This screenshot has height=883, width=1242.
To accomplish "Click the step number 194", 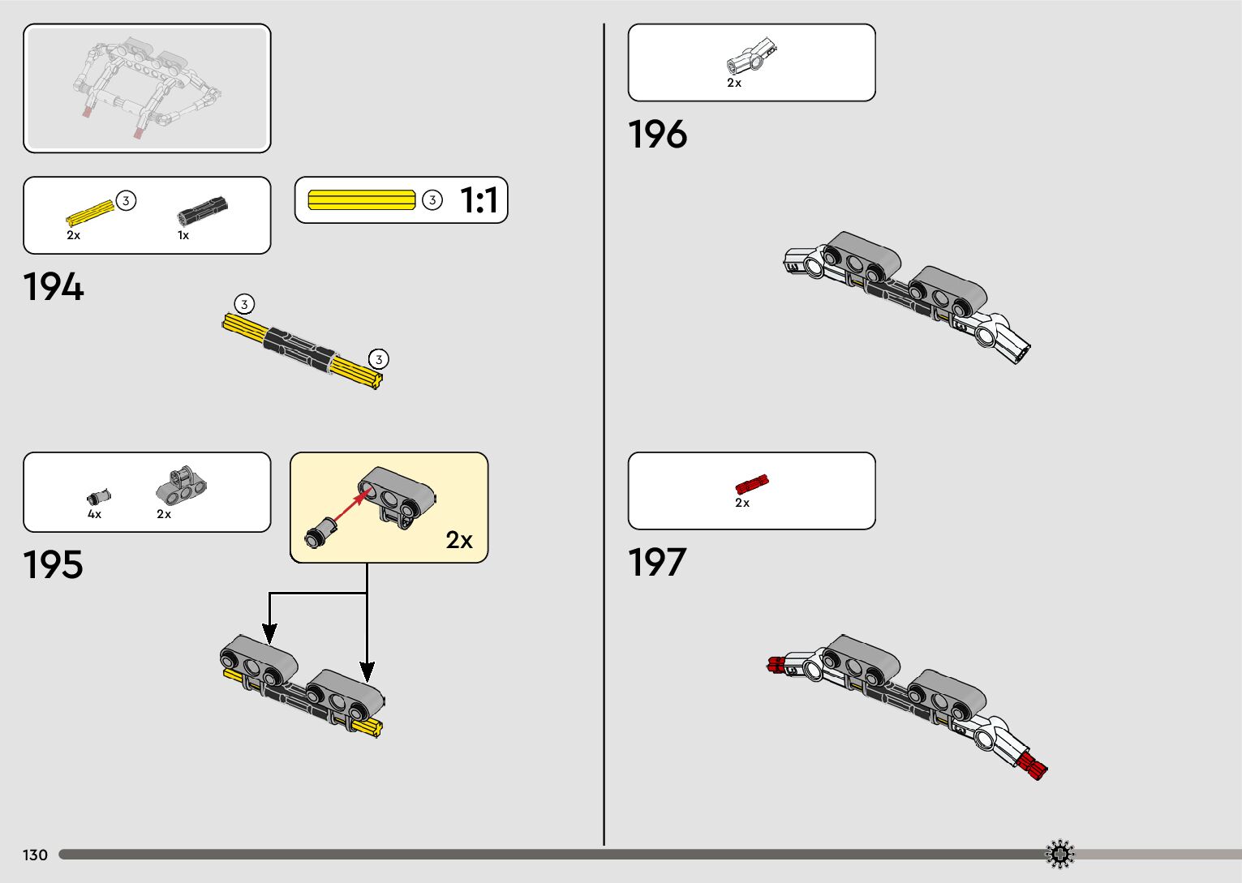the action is coord(54,288).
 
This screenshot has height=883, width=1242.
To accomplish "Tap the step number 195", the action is coord(53,565).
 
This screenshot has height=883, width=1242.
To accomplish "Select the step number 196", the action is coord(657,135).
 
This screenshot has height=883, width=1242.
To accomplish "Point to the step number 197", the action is coord(657,563).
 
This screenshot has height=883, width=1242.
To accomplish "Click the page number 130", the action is coord(35,855).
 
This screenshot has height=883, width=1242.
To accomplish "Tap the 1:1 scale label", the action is coord(479,200).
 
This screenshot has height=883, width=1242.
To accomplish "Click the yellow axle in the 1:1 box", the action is coord(362,199).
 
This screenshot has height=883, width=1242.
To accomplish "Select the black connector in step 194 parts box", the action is coord(202,211).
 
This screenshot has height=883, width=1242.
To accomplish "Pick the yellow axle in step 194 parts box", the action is coord(89,212).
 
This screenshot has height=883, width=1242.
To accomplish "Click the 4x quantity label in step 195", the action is coord(95,514).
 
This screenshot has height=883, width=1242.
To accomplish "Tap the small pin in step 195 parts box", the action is coord(98,496).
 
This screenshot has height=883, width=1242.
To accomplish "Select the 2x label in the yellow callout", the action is coord(459,540).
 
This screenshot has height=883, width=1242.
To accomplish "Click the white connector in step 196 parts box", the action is coord(750,57).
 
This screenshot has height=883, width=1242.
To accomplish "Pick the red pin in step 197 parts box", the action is coord(751,484).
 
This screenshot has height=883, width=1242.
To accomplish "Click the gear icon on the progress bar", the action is coord(1059,854).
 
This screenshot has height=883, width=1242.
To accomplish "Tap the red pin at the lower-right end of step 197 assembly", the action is coord(1032,765).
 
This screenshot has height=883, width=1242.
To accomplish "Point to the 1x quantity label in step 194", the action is coord(183,235).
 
